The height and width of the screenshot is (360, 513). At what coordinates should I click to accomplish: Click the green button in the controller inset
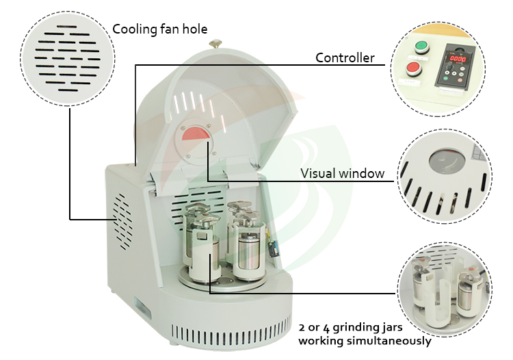click(421, 47)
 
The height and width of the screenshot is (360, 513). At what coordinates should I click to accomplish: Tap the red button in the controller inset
click(414, 68)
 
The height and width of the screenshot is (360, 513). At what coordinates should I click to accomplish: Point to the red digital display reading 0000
click(458, 59)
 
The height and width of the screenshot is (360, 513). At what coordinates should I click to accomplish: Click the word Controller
click(345, 58)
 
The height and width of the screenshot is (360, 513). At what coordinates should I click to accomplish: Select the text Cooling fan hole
click(159, 29)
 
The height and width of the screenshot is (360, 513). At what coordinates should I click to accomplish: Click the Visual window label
click(342, 173)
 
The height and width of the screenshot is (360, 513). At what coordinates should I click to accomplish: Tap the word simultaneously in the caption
click(389, 341)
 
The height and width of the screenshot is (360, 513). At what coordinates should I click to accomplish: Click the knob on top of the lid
click(215, 44)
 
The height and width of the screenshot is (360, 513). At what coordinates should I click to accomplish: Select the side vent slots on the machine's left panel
click(123, 222)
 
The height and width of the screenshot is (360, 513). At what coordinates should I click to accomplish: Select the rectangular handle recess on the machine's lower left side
click(142, 307)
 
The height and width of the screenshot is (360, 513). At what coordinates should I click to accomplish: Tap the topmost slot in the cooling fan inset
click(67, 27)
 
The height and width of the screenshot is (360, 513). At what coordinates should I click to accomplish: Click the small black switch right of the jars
click(274, 248)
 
